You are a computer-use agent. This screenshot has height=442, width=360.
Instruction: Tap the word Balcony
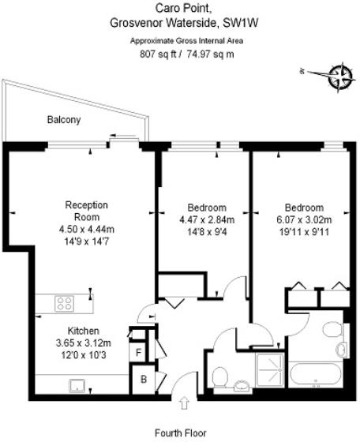point(64,120)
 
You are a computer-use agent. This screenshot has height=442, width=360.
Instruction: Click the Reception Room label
point(86,211)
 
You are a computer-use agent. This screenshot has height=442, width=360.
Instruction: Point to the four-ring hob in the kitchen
point(65,302)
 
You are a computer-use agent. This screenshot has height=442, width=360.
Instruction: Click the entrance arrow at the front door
point(185,403)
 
